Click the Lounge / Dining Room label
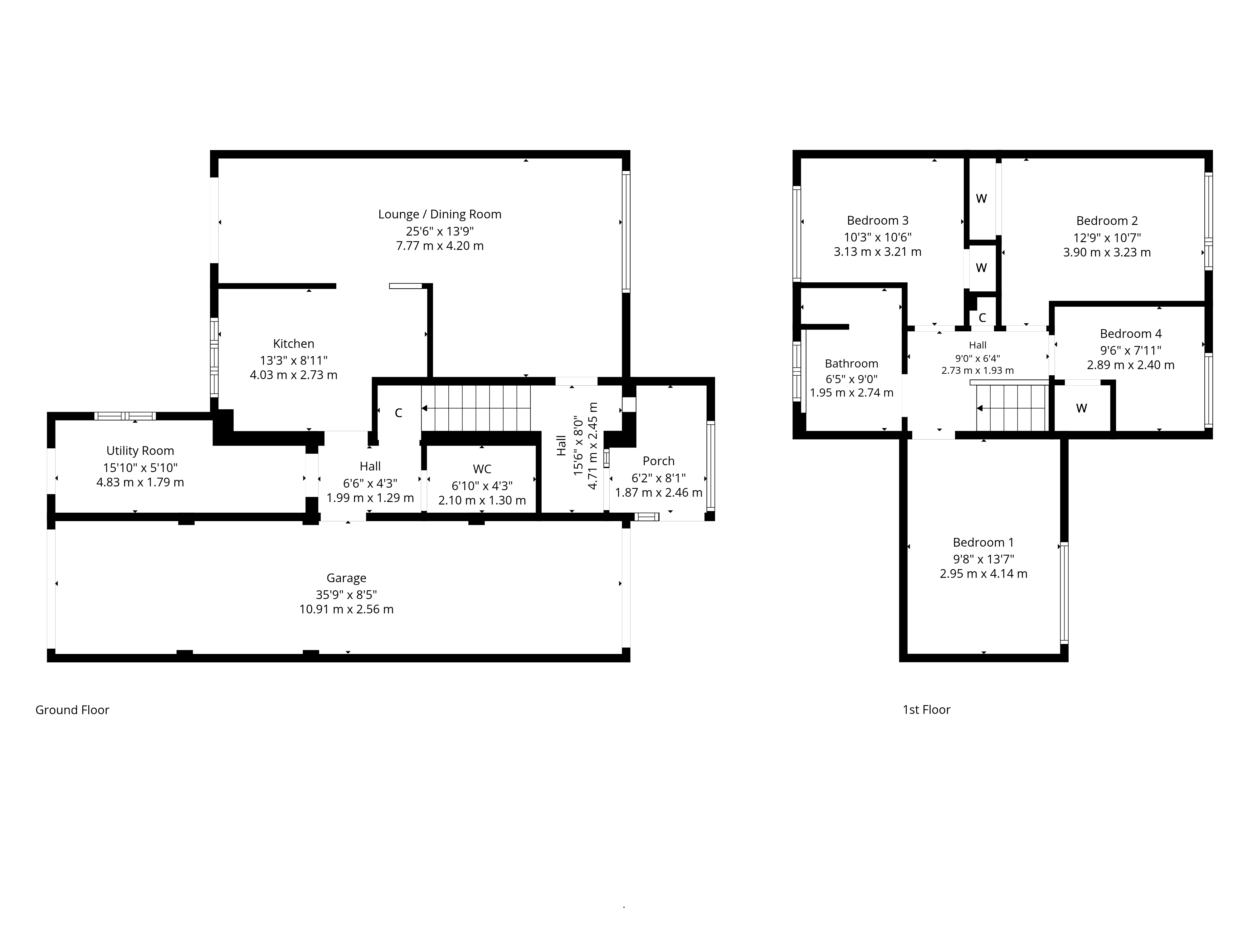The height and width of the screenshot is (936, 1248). (x=440, y=214)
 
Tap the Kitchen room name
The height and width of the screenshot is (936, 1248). (x=293, y=344)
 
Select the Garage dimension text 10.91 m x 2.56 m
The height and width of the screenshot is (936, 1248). (x=346, y=609)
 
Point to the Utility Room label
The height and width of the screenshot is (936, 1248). (x=140, y=451)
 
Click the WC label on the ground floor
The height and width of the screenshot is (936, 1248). (x=482, y=469)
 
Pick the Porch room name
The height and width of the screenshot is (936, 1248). (x=658, y=461)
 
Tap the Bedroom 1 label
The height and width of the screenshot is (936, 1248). (x=983, y=542)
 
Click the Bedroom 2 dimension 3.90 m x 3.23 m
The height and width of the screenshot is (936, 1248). (x=1107, y=252)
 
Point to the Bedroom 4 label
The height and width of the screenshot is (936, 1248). (x=1131, y=334)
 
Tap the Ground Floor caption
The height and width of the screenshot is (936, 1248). (x=72, y=710)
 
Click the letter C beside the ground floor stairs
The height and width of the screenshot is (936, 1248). (x=398, y=413)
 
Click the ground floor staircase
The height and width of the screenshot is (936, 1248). (x=477, y=408)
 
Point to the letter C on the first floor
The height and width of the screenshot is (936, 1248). (x=982, y=318)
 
